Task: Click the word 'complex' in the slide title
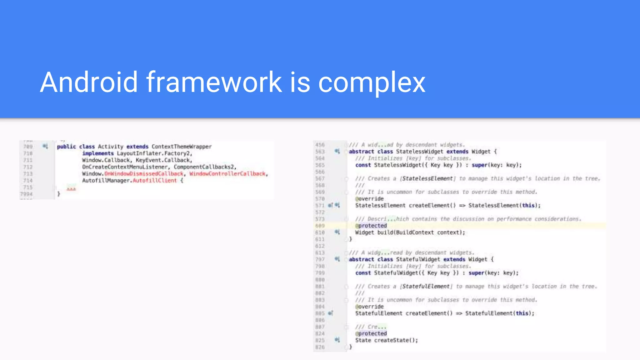(x=372, y=82)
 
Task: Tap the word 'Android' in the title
(x=89, y=82)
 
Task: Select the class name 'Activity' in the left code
(x=111, y=147)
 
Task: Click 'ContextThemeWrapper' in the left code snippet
(x=182, y=147)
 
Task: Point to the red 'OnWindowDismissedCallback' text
(x=144, y=174)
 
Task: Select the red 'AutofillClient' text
(x=155, y=181)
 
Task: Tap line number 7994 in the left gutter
(x=26, y=194)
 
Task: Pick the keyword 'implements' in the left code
(x=98, y=153)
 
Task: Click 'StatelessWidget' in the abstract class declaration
(x=420, y=152)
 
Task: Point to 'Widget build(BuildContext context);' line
(x=410, y=232)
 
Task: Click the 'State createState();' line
(x=386, y=340)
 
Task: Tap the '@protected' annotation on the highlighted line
(x=371, y=226)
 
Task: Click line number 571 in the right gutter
(x=320, y=206)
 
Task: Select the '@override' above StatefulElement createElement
(x=369, y=307)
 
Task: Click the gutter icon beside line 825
(x=337, y=340)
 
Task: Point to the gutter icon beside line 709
(x=45, y=146)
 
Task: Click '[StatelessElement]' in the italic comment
(x=427, y=178)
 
